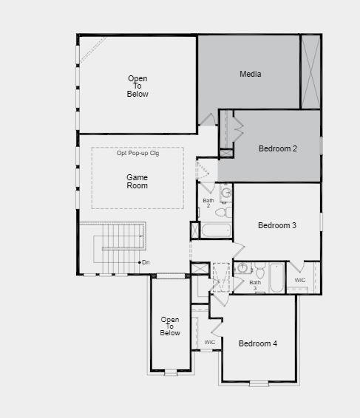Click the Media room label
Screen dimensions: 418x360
coord(250,74)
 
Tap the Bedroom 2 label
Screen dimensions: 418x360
coord(278,148)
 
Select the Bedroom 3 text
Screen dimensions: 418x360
coord(277,225)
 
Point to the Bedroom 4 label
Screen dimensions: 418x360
coord(258,343)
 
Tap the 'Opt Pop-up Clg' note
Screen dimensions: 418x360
coord(138,153)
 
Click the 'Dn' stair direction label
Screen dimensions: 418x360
coord(146,262)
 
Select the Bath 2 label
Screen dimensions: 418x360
coord(208,204)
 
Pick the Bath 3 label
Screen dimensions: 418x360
coord(255,285)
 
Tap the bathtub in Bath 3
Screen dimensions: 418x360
coord(275,278)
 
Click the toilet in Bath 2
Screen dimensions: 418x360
coord(221,212)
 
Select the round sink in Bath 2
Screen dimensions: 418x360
coord(226,193)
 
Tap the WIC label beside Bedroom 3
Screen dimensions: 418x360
coord(300,281)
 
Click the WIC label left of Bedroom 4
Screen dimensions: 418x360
coord(210,342)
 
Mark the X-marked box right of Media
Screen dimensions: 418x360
coord(310,71)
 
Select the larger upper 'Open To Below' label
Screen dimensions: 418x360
coord(137,86)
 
